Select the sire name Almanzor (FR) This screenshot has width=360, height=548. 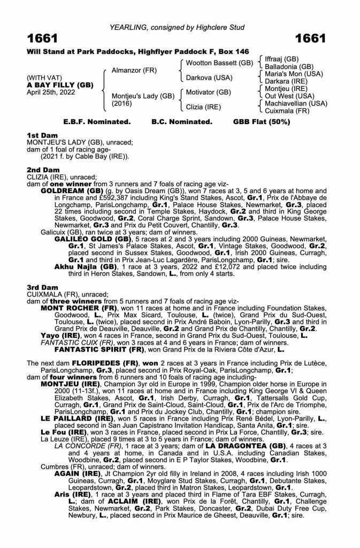131,70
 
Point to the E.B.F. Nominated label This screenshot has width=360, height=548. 98,121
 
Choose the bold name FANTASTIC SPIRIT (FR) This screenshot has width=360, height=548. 96,335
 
